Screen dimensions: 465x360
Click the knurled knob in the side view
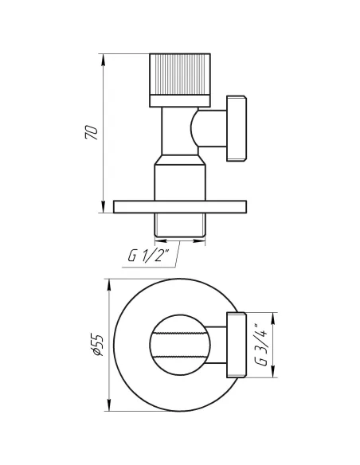178,75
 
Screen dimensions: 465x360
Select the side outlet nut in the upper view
237,128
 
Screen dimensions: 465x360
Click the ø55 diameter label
95,346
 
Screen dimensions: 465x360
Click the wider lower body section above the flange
179,178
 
